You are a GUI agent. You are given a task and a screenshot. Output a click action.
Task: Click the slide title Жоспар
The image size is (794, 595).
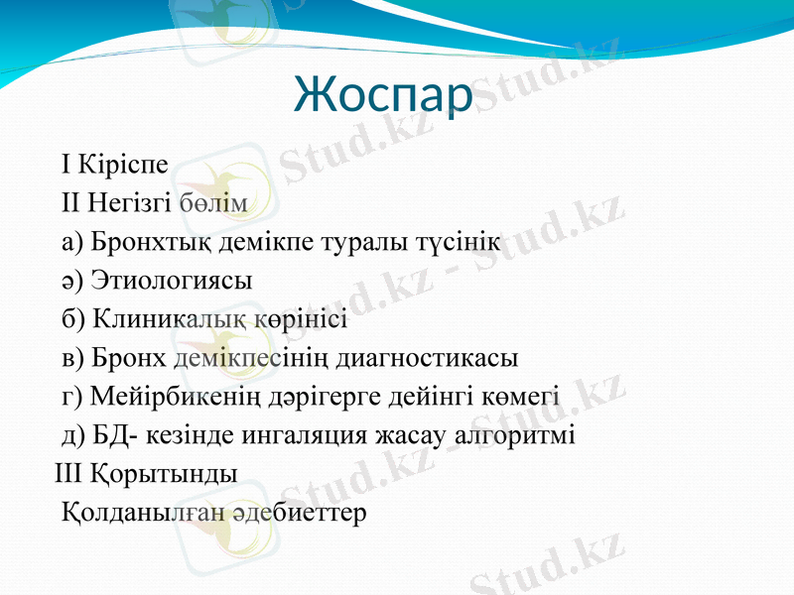tap(382, 95)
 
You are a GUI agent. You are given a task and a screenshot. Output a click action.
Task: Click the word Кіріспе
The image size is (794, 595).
tap(122, 163)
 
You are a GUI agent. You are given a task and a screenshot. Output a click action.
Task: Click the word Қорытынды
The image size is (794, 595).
tap(165, 475)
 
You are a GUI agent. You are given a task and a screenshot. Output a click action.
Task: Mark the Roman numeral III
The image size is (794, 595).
tap(68, 475)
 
